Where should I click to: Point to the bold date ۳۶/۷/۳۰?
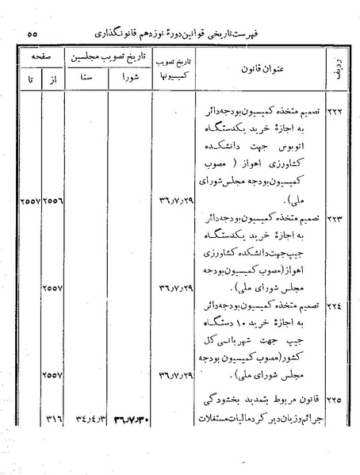132,415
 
